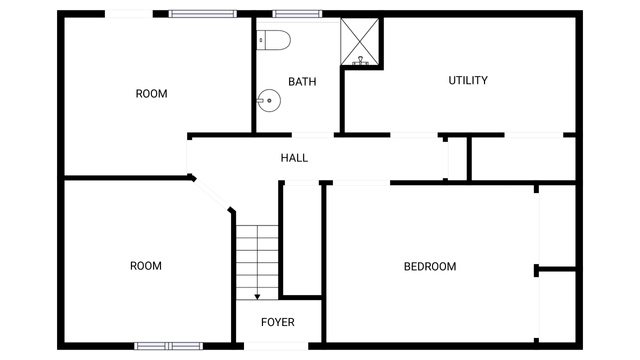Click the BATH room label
click(x=302, y=82)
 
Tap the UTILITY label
click(x=468, y=80)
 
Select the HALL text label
click(x=294, y=158)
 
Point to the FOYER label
click(x=278, y=322)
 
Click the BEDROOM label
click(x=430, y=267)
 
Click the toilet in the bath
click(x=273, y=40)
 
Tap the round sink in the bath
click(x=269, y=100)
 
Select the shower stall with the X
click(x=360, y=42)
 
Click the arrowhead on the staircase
click(x=257, y=297)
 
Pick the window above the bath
click(x=297, y=14)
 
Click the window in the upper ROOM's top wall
click(x=202, y=14)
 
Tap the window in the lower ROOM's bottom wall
click(x=169, y=346)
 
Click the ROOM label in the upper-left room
click(x=151, y=94)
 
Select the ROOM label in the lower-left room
click(x=146, y=266)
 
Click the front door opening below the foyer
click(x=276, y=346)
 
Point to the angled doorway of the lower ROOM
click(x=211, y=194)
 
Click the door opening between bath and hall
click(x=313, y=135)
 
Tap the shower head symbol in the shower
click(x=360, y=61)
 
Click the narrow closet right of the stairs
click(x=302, y=240)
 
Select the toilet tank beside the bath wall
click(x=261, y=40)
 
